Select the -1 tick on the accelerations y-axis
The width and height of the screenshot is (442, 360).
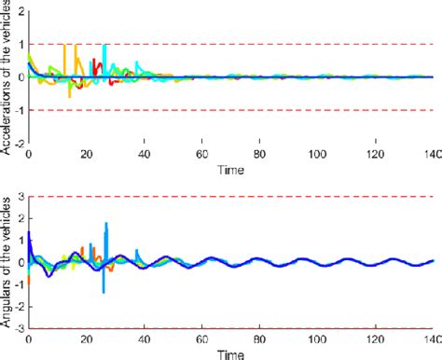pyautogui.click(x=20, y=110)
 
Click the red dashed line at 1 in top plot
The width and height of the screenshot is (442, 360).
pyautogui.click(x=280, y=43)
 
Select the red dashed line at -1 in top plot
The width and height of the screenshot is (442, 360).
pyautogui.click(x=280, y=110)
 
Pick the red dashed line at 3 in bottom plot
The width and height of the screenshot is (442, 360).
pyautogui.click(x=280, y=197)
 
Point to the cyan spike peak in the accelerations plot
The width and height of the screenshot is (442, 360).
pyautogui.click(x=104, y=46)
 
